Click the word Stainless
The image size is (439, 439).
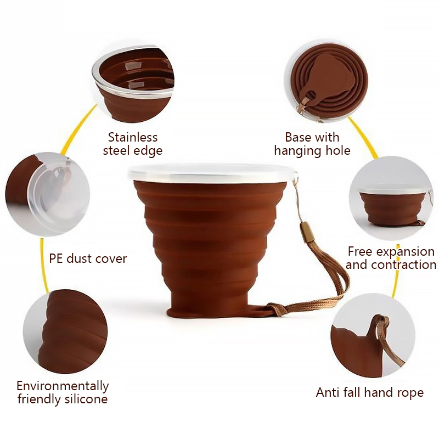(133, 137)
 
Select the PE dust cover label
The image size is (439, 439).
(88, 258)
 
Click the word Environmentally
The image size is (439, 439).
(63, 386)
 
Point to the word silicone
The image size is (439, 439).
(86, 399)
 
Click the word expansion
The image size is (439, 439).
(405, 252)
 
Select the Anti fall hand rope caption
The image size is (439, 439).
(370, 392)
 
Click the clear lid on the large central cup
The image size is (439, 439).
(213, 173)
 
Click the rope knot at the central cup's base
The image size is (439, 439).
(275, 309)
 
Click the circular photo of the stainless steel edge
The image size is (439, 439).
(133, 84)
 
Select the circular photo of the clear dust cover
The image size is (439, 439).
(48, 194)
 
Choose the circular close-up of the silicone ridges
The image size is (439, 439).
(65, 332)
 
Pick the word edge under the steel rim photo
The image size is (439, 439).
(148, 151)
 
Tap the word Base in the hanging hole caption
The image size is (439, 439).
(297, 137)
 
